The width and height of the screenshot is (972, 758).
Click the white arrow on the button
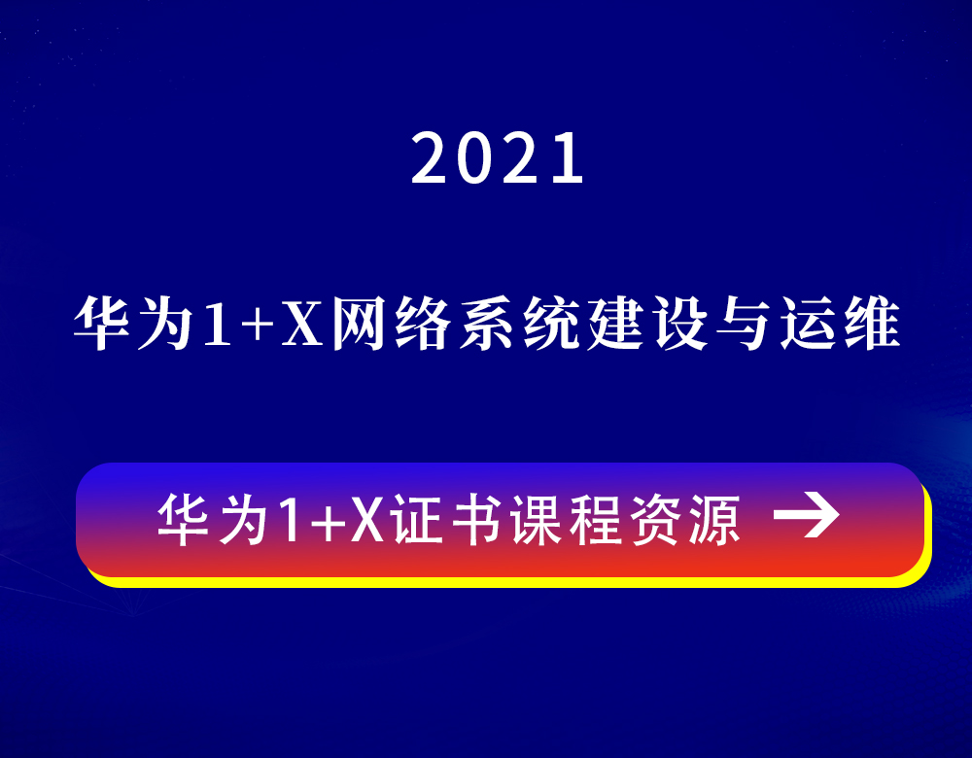click(x=807, y=514)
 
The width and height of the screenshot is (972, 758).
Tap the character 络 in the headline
click(x=423, y=323)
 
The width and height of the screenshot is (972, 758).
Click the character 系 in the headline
click(x=486, y=323)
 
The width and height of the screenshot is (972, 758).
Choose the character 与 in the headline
click(x=744, y=323)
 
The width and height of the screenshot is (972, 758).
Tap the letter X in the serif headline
click(x=302, y=323)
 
